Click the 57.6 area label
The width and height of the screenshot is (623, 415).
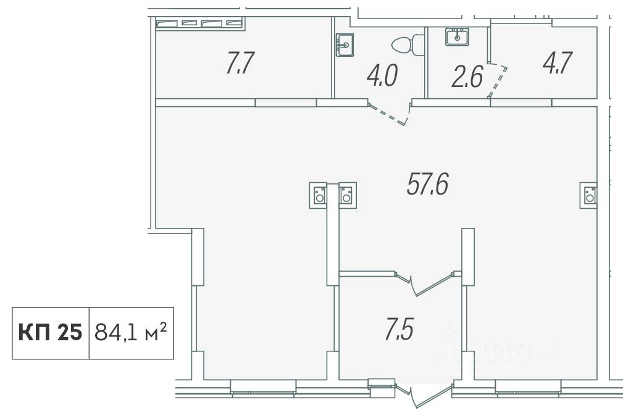427,185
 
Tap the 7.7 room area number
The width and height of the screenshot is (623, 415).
240,63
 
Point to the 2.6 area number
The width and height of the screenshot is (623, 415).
467,77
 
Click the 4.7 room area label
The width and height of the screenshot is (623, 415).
558,63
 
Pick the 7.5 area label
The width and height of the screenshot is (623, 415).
399,329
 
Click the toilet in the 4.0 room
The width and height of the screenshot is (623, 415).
408,43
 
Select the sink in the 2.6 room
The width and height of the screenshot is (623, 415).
457,36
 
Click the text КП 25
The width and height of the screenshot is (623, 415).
50,332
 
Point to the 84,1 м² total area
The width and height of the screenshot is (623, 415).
130,332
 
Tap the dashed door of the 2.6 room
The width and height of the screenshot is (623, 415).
498,81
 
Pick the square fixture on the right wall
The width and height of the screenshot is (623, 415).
588,195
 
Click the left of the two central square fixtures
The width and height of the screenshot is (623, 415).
318,195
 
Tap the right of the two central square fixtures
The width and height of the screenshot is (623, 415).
347,195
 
